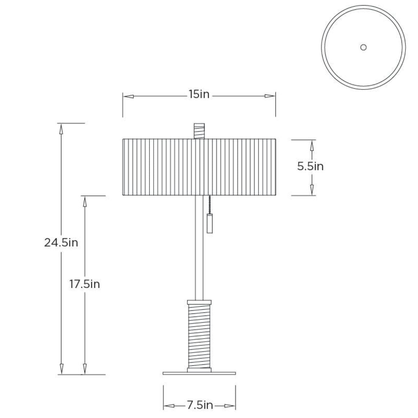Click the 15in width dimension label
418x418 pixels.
coord(199,94)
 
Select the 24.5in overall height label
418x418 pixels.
coord(61,242)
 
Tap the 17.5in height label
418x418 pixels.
coord(84,284)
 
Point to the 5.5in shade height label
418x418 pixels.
coord(310,167)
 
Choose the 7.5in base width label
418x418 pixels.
coord(200,405)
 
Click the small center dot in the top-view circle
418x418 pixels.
coord(363,47)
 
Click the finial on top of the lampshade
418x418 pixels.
coord(199,131)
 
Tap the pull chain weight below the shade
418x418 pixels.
coord(209,223)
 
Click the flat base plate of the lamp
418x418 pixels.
coord(199,373)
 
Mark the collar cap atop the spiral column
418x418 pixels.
coord(199,302)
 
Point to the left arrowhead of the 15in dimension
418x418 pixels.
coord(128,96)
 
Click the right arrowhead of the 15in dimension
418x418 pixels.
coord(270,96)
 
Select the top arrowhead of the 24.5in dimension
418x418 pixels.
coord(61,129)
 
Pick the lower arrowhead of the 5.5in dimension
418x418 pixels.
coord(312,189)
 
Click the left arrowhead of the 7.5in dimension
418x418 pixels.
coord(169,406)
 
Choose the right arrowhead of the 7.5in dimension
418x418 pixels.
coord(230,406)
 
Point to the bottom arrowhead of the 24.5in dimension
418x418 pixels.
coord(61,369)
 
